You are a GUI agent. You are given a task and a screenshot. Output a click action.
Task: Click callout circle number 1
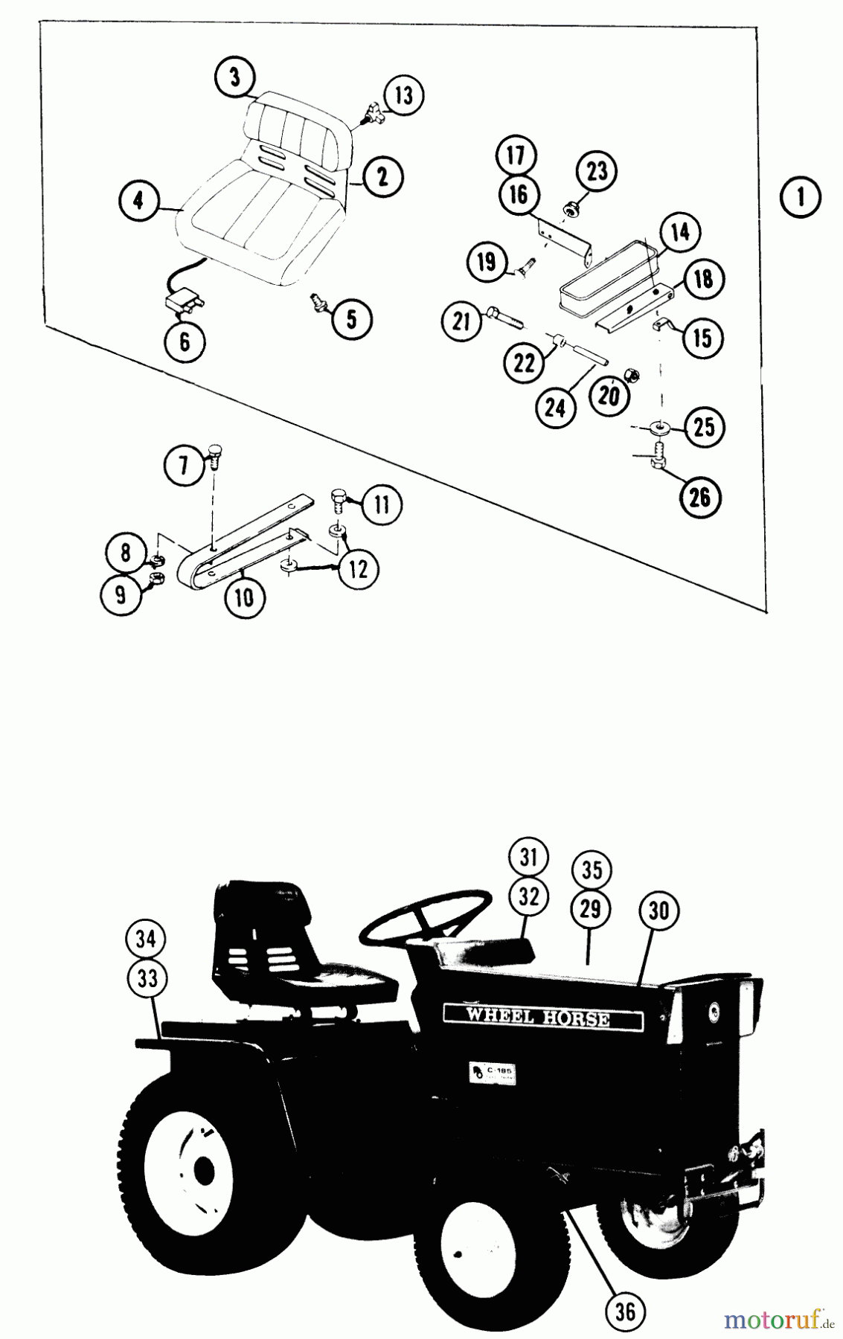click(x=801, y=197)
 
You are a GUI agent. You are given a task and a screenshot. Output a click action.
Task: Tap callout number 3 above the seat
click(x=235, y=78)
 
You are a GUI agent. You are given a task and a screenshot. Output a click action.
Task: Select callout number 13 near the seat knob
click(x=403, y=95)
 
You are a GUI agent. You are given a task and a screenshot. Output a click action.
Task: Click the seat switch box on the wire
click(x=181, y=303)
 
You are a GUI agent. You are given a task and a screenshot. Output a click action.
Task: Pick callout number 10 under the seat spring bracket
click(x=244, y=597)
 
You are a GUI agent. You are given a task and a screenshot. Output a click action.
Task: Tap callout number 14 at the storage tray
click(x=679, y=233)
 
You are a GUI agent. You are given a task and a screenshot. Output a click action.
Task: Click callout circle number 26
click(x=699, y=497)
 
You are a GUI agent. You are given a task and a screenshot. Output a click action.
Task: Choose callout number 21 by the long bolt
click(x=462, y=321)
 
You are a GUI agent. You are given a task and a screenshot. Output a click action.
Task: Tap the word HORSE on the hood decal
click(x=574, y=1018)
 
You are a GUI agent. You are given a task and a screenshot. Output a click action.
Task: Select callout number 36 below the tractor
click(x=625, y=1311)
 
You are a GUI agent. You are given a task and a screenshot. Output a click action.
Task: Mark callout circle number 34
click(x=146, y=940)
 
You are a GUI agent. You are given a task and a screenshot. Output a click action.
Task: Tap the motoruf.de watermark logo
click(x=778, y=1320)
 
